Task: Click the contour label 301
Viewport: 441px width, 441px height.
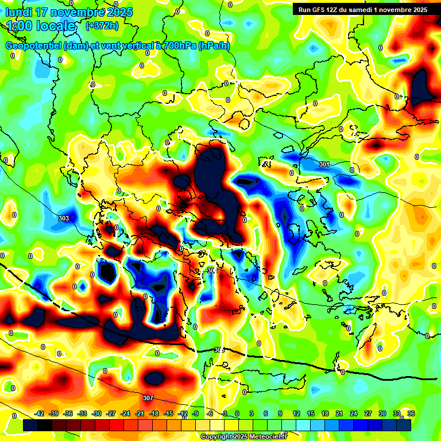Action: click(x=324, y=165)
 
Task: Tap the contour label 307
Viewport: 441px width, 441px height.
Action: click(x=148, y=398)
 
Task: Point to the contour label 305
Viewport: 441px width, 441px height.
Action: click(x=219, y=350)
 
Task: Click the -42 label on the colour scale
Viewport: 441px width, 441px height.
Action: click(x=40, y=413)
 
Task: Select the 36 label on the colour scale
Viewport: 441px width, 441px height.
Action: click(x=411, y=413)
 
